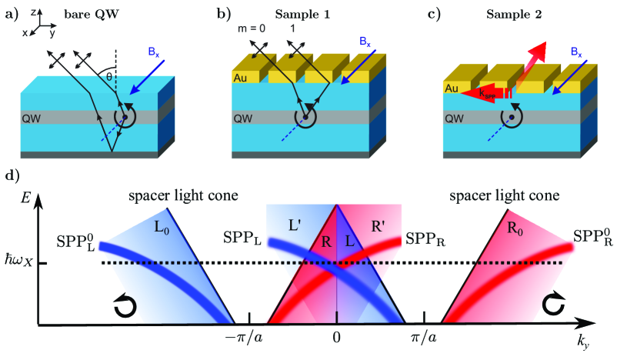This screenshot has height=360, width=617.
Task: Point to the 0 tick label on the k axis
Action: coord(336,338)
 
